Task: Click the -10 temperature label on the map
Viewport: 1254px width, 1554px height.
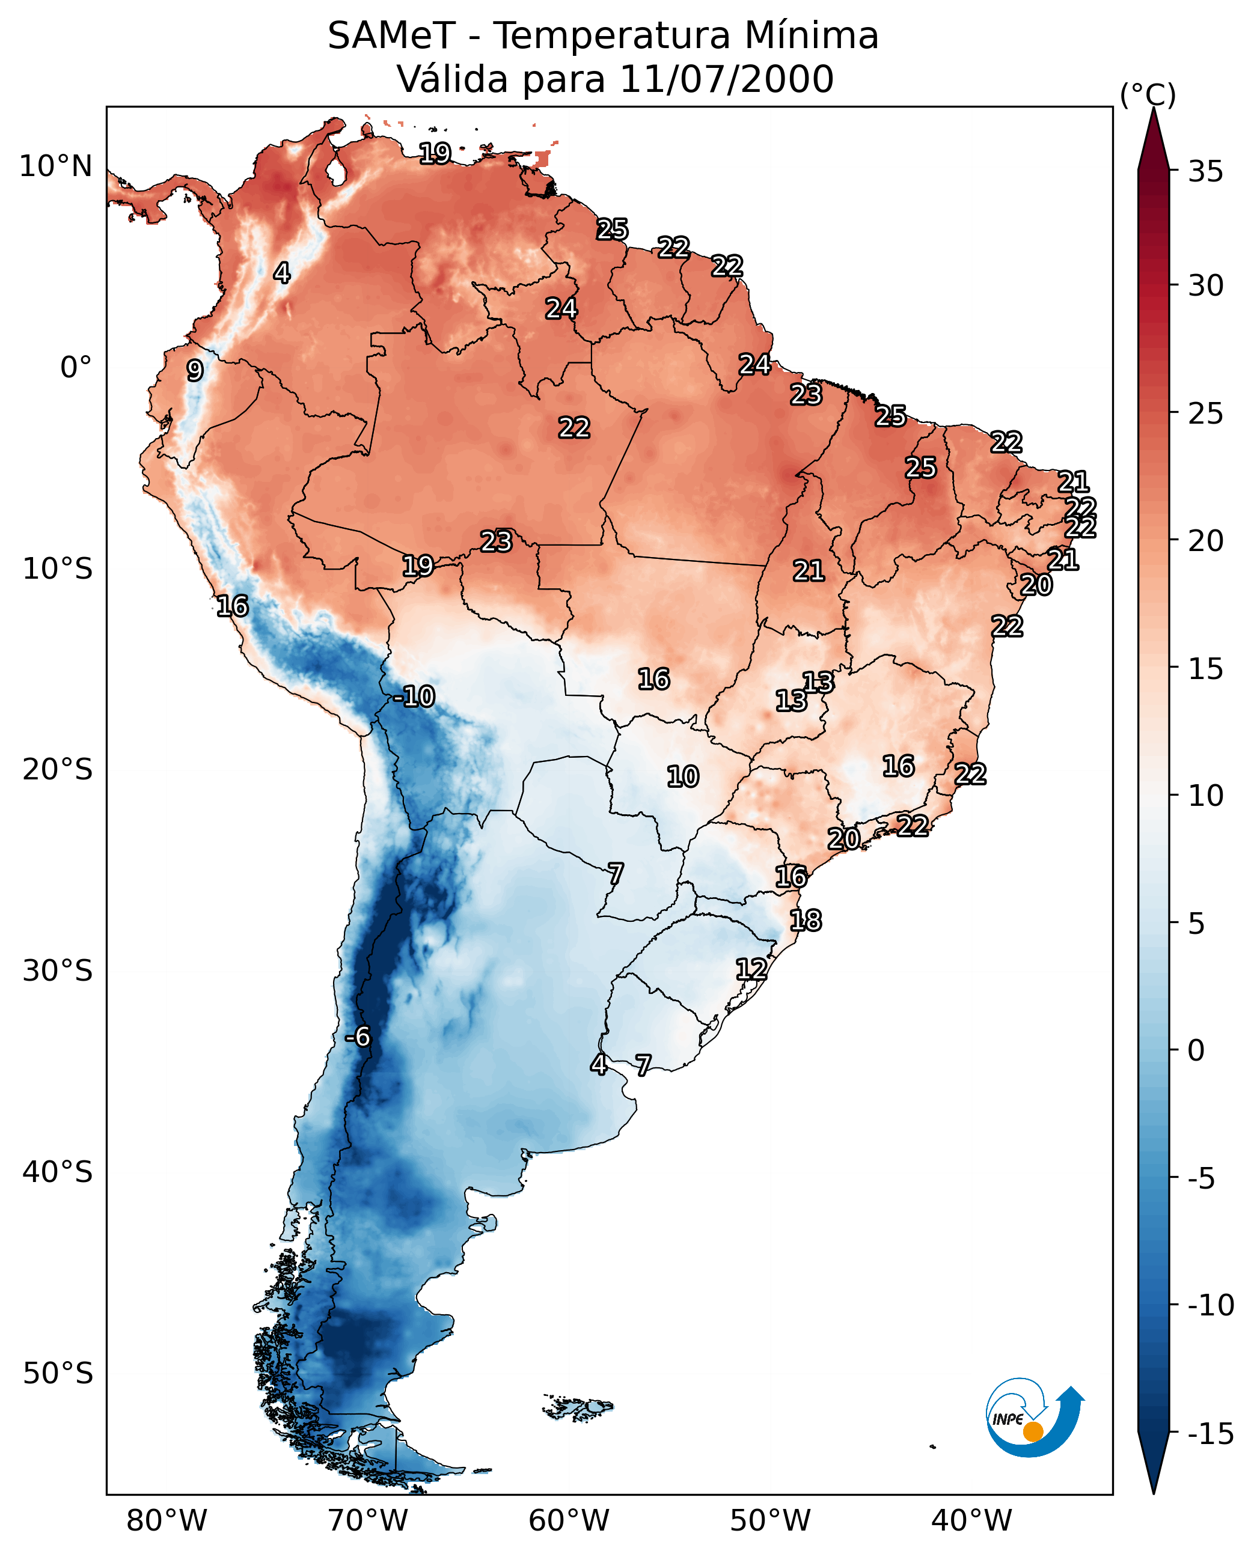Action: [415, 697]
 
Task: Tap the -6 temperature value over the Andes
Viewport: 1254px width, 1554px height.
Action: [358, 1037]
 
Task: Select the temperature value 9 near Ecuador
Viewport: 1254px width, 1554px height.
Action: [195, 370]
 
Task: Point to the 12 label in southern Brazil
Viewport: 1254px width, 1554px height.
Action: [751, 969]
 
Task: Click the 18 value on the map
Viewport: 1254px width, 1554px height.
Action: [806, 921]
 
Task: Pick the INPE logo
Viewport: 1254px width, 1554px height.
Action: [1035, 1417]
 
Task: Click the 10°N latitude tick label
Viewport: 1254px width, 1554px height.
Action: [56, 167]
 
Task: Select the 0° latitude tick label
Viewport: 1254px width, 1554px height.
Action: [76, 368]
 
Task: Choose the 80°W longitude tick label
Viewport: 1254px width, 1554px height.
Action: [167, 1521]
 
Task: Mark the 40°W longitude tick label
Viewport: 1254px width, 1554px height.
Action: [971, 1521]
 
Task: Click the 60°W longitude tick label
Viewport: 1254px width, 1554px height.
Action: [569, 1521]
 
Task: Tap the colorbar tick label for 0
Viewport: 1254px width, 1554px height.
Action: [1196, 1050]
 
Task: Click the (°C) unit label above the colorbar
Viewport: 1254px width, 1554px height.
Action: [1148, 96]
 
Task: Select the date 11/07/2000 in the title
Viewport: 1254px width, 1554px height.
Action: [727, 79]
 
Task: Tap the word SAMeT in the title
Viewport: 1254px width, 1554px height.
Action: [391, 35]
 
